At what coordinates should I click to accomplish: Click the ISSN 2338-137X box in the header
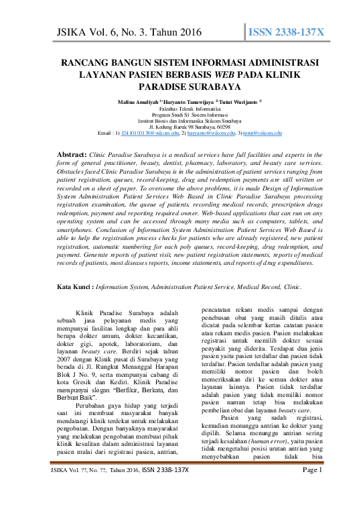[x=286, y=33]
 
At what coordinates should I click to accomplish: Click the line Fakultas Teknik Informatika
[x=180, y=107]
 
